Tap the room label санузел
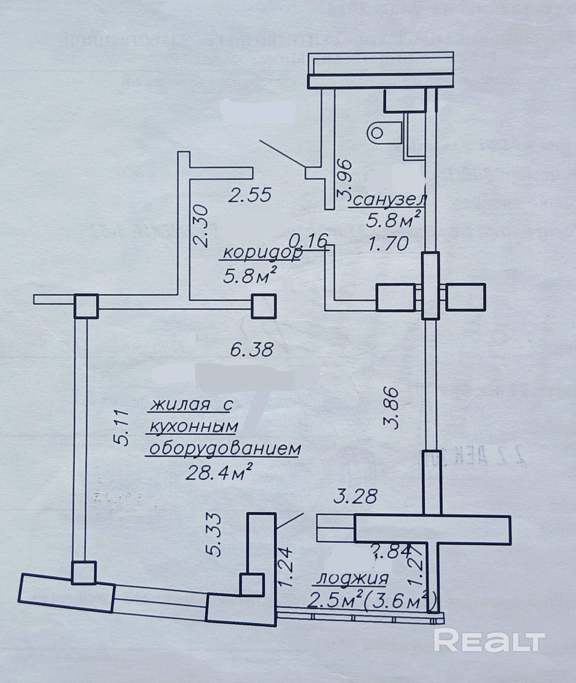388,201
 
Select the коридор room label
262,253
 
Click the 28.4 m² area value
219,473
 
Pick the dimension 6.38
252,350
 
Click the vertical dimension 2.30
200,225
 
